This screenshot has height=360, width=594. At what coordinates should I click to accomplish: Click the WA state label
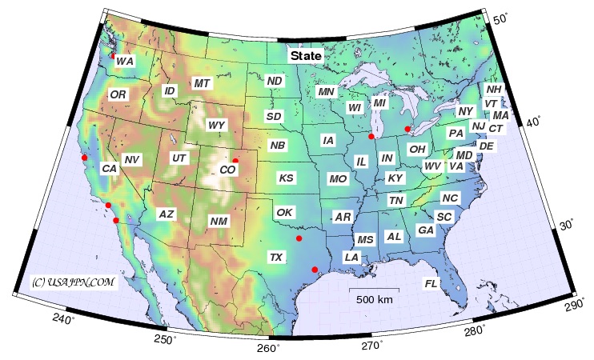[x=125, y=61]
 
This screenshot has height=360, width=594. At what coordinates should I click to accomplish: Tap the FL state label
[x=431, y=283]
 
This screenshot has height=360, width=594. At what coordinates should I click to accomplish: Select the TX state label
[x=276, y=257]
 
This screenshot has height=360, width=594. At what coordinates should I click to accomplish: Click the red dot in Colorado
[x=235, y=161]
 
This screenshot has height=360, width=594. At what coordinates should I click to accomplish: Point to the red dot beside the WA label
[x=113, y=55]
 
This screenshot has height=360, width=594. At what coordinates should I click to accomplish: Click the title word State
[x=307, y=56]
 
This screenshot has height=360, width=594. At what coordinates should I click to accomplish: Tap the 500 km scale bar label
[x=374, y=300]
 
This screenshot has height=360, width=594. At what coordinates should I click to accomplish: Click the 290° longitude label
[x=574, y=304]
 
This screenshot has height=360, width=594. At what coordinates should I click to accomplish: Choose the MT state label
[x=202, y=83]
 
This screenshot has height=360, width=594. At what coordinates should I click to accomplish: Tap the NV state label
[x=132, y=160]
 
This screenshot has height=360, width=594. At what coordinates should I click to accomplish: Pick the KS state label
[x=286, y=177]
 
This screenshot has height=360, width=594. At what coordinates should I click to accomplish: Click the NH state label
[x=494, y=90]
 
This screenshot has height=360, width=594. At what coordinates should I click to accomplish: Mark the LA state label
[x=351, y=257]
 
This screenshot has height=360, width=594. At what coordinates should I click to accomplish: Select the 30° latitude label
[x=566, y=225]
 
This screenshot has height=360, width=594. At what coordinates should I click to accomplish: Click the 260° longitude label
[x=268, y=348]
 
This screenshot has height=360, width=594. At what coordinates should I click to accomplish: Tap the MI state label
[x=379, y=103]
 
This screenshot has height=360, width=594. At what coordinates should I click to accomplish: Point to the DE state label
[x=486, y=146]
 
